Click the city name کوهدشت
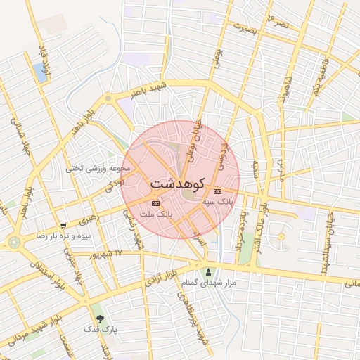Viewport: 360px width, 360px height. pos(176,183)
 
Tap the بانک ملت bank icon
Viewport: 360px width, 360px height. pos(156,203)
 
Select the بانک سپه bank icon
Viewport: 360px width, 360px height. pos(217,191)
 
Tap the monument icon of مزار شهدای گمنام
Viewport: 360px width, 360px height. pos(207,271)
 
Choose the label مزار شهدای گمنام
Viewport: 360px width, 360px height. pos(207,283)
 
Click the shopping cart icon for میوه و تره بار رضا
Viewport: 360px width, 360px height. pos(64,226)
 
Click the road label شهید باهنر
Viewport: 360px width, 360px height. pos(145,89)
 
